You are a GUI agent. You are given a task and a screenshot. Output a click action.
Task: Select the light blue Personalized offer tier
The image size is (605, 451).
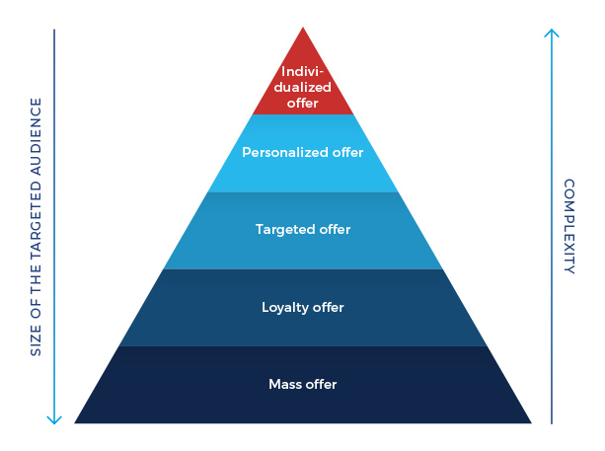pos(302,153)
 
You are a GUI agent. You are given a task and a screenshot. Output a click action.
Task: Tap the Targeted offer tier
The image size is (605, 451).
pos(302,230)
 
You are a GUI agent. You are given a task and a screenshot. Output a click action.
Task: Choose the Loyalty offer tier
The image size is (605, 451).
pos(302,307)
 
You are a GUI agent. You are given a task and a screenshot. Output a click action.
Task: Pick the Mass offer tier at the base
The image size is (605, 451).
pos(302,384)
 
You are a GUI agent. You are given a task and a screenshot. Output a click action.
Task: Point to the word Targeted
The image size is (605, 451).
pos(284,230)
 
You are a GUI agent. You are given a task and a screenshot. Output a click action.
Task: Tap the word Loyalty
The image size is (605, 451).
pos(284,307)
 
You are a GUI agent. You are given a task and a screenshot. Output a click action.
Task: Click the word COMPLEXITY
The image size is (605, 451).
pos(569,226)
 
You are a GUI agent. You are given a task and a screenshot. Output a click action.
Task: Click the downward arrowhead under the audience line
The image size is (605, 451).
pos(54,418)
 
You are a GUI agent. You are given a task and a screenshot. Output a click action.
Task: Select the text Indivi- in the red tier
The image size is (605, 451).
pos(302,71)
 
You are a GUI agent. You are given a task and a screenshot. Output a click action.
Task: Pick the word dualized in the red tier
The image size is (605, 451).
pos(302,87)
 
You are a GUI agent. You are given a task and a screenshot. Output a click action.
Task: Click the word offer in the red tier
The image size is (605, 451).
pos(302,102)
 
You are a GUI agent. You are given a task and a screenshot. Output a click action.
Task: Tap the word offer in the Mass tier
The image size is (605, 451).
pos(322,384)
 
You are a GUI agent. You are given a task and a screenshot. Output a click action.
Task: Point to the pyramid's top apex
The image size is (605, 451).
pos(302,28)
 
